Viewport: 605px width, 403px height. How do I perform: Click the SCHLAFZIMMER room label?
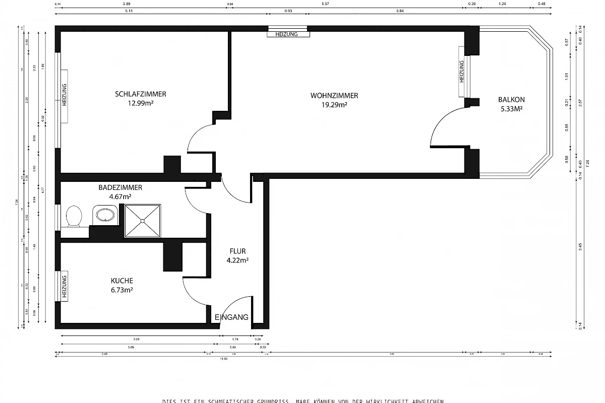pyautogui.click(x=141, y=94)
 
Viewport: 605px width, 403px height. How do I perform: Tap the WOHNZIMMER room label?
pyautogui.click(x=334, y=95)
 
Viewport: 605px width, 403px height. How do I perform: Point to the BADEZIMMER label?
pyautogui.click(x=120, y=187)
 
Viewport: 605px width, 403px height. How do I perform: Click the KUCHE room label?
pyautogui.click(x=122, y=281)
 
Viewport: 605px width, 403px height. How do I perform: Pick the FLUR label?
pyautogui.click(x=237, y=251)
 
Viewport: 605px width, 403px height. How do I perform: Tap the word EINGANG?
pyautogui.click(x=231, y=317)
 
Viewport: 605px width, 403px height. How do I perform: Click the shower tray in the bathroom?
pyautogui.click(x=143, y=220)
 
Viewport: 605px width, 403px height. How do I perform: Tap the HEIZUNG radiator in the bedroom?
pyautogui.click(x=65, y=94)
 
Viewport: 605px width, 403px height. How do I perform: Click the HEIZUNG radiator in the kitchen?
pyautogui.click(x=65, y=286)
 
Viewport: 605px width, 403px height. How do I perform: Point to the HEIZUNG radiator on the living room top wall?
pyautogui.click(x=288, y=34)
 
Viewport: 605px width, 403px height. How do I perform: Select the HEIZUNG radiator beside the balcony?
pyautogui.click(x=461, y=72)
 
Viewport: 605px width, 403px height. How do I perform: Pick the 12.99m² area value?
pyautogui.click(x=141, y=104)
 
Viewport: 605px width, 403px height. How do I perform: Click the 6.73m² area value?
pyautogui.click(x=122, y=290)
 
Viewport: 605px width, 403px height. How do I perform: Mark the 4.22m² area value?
pyautogui.click(x=237, y=260)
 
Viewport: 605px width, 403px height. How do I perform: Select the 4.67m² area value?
pyautogui.click(x=120, y=196)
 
